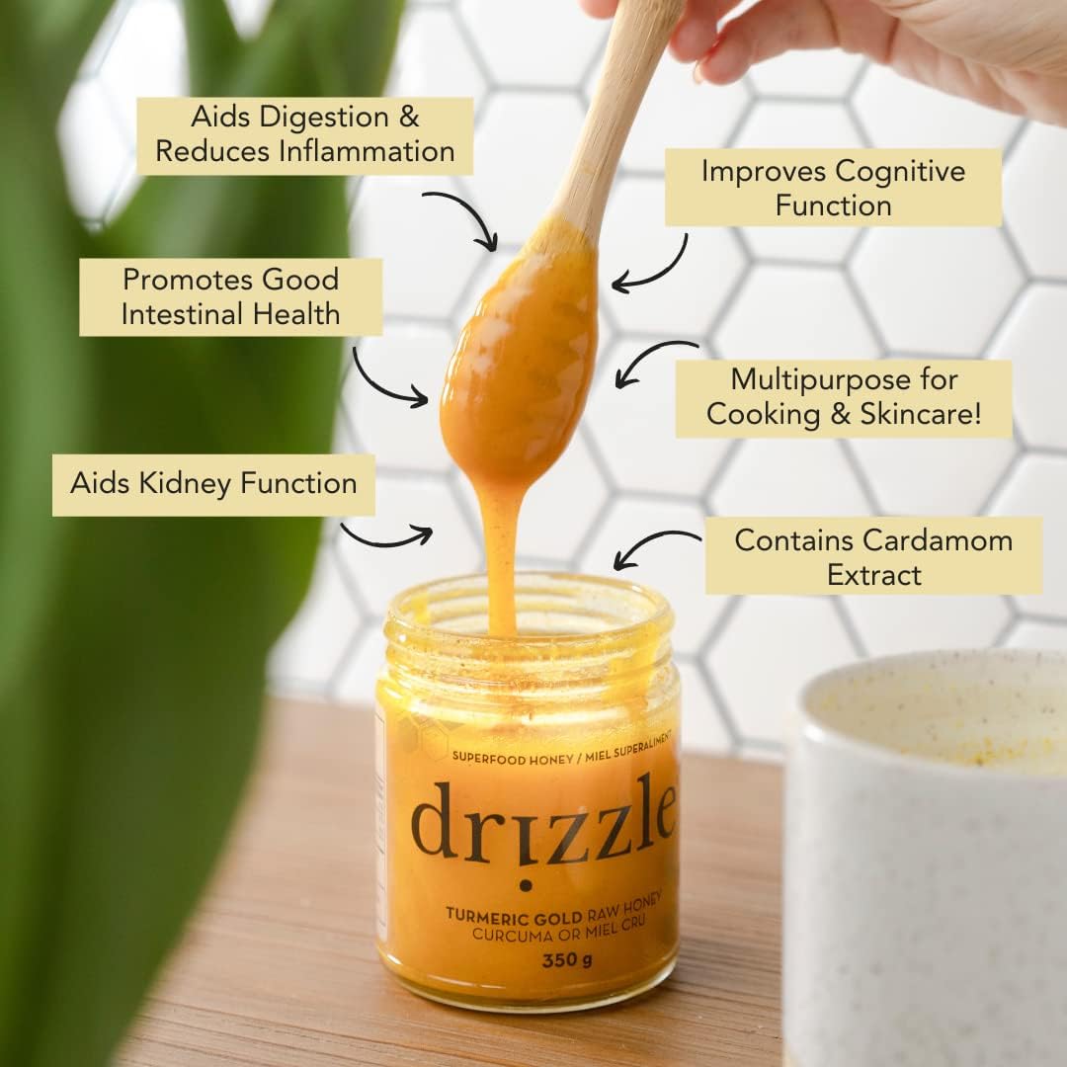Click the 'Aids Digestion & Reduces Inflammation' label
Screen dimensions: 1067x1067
(x=305, y=135)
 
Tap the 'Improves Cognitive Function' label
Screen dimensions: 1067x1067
(x=833, y=188)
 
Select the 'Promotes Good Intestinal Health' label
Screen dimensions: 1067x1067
(x=230, y=296)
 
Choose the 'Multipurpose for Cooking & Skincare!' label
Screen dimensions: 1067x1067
(x=844, y=398)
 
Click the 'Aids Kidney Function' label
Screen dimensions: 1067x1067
(x=213, y=484)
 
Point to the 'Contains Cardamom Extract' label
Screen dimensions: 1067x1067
(x=873, y=556)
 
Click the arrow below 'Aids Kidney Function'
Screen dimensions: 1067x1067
(x=388, y=539)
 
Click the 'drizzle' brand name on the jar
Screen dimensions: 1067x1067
(x=543, y=821)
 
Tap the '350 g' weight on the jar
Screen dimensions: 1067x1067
(x=567, y=959)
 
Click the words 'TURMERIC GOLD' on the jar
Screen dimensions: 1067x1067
(x=514, y=916)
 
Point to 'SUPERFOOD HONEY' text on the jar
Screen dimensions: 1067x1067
(x=513, y=758)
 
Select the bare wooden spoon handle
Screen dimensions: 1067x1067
(x=613, y=116)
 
